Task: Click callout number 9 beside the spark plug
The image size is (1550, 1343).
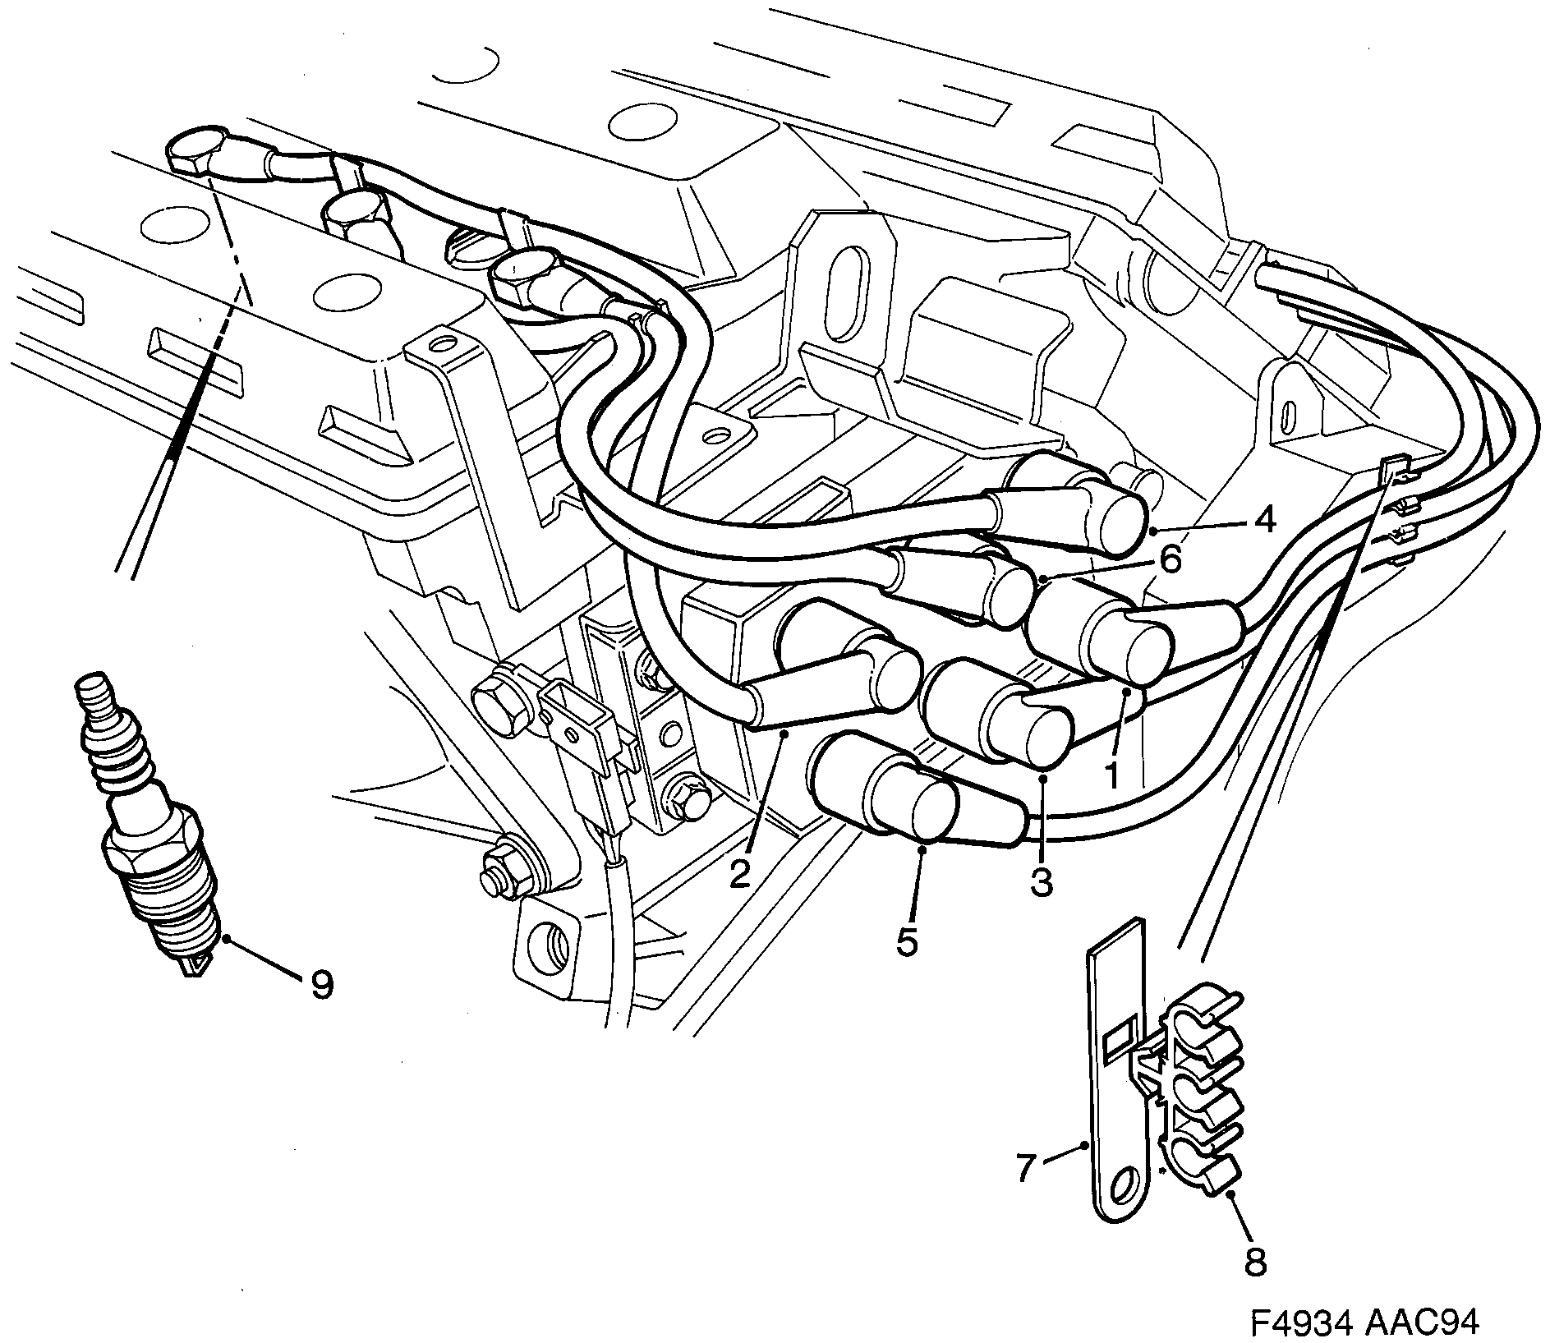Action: [320, 984]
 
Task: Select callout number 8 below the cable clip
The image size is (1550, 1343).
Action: [1255, 1261]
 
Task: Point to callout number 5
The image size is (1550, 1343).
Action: [906, 942]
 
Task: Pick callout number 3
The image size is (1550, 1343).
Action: [1041, 882]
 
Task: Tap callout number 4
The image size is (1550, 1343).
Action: [1264, 519]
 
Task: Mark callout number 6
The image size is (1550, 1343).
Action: [1170, 560]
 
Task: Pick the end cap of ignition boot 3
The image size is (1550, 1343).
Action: [1039, 734]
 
